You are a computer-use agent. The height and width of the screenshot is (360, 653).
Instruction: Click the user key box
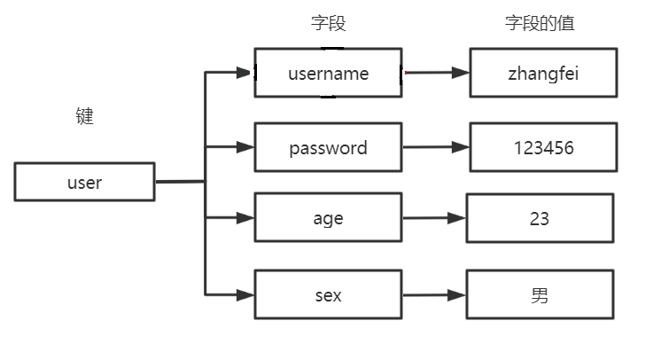coord(85,182)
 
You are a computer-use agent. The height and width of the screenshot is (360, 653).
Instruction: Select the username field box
coord(328,73)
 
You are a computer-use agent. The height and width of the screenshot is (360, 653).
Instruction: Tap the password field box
coord(328,147)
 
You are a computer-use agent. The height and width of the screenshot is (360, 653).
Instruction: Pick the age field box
coord(328,217)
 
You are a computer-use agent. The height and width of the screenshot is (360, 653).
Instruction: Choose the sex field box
coord(328,295)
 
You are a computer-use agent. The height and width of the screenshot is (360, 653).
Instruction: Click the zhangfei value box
coord(543,73)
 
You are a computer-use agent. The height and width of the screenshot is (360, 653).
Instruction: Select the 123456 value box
coord(543,147)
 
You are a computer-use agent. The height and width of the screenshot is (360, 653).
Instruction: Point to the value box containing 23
coord(540,218)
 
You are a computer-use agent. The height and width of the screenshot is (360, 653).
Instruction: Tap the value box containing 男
coord(540,295)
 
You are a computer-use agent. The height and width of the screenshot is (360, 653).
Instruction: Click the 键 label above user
coord(85,116)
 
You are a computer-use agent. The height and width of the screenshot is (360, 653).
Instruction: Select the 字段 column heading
coord(328,24)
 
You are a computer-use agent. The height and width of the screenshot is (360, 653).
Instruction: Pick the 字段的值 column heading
coord(540,24)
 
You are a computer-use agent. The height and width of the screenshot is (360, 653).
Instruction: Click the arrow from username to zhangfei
coord(435,73)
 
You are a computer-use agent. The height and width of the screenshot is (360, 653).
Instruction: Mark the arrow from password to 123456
coord(435,147)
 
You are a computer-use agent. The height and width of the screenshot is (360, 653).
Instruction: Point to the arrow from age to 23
coord(433,217)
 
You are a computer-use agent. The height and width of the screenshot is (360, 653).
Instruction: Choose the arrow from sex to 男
coord(433,295)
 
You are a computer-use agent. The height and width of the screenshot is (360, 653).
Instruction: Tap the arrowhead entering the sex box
coord(245,294)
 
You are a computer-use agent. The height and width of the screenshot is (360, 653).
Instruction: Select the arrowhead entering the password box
coord(245,146)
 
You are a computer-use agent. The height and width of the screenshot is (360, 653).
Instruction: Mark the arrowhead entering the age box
coord(245,216)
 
